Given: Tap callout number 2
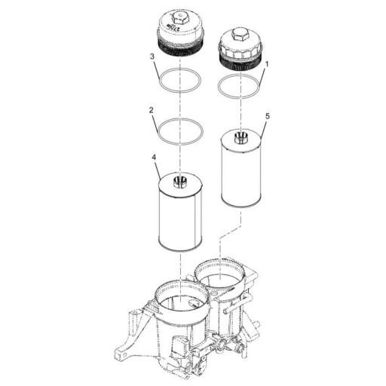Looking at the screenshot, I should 152,110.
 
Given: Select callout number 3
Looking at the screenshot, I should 152,57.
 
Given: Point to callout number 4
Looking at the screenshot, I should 155,159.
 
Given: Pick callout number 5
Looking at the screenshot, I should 268,117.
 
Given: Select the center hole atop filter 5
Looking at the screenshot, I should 240,136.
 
